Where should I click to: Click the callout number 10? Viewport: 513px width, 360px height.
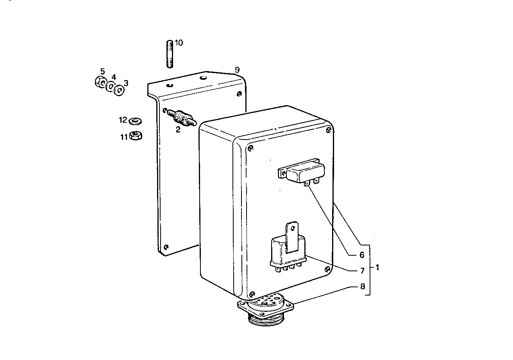point(179,43)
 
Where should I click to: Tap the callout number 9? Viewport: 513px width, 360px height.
point(237,70)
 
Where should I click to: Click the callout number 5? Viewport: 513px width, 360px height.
point(102,72)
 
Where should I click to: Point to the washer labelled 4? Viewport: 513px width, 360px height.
point(110,86)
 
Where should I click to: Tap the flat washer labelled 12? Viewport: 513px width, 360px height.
point(135,120)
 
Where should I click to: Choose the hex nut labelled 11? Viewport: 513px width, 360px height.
point(136,136)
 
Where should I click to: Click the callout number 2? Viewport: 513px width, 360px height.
point(178,130)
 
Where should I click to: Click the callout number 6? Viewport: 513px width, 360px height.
point(362,255)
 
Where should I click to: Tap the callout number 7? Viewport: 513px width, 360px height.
point(362,270)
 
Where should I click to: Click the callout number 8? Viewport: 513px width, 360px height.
point(362,286)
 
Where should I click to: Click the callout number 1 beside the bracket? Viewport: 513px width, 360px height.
point(377,268)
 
